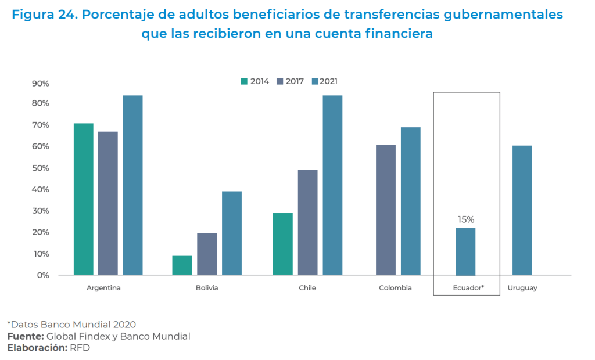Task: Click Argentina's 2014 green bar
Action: [x=83, y=199]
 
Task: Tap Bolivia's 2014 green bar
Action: [x=182, y=265]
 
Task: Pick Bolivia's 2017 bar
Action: [x=207, y=254]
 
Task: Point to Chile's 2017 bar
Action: [x=307, y=222]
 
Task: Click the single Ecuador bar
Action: [x=465, y=251]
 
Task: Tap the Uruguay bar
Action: [x=522, y=210]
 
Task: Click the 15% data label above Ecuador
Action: [x=465, y=220]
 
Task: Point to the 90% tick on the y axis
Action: [x=41, y=84]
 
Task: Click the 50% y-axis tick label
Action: [x=41, y=168]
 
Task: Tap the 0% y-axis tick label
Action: [x=43, y=275]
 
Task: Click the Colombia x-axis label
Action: [x=395, y=288]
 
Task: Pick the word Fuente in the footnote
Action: [x=25, y=336]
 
